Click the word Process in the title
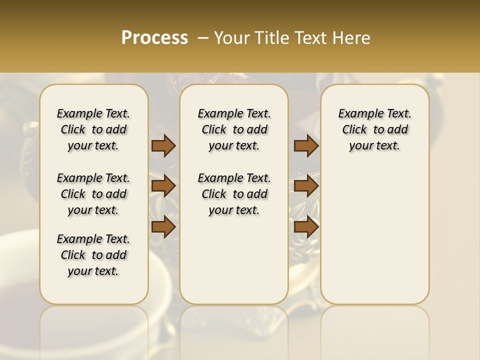coord(154,38)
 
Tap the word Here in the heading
coord(352,38)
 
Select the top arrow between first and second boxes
coord(163,146)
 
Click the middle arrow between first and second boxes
coord(163,186)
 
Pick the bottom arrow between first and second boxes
coord(163,226)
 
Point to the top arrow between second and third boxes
coord(306,146)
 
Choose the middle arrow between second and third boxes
coord(306,186)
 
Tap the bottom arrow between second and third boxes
coord(306,226)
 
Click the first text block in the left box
coord(93,129)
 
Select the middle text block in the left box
coord(93,194)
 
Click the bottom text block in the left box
coord(93,255)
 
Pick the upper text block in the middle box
coord(234,129)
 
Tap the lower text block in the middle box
coord(234,194)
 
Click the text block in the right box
coord(374,129)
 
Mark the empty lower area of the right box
coord(374,230)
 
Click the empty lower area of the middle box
coord(234,260)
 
